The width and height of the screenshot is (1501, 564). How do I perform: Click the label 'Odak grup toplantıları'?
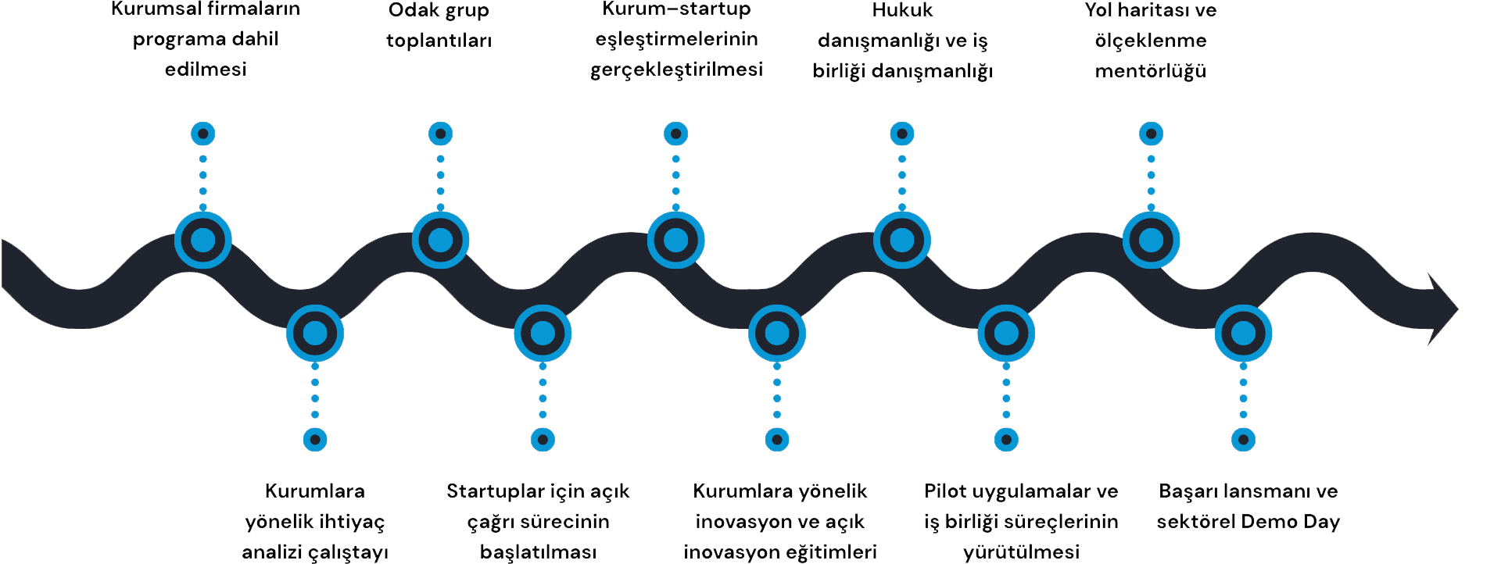[439, 25]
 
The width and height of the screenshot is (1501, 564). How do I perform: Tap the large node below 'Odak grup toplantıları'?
[440, 240]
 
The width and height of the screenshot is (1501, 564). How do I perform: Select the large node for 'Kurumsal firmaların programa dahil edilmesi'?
[203, 240]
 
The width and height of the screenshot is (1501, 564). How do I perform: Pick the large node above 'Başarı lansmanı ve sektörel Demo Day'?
[1243, 334]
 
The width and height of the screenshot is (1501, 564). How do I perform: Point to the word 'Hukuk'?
[902, 10]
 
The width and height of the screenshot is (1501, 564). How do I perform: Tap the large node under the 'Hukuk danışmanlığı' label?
[902, 240]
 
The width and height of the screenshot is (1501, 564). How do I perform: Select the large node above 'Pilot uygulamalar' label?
[1006, 334]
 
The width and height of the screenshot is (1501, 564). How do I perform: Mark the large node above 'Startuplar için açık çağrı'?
[543, 334]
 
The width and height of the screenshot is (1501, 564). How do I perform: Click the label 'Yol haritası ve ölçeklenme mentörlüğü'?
[1150, 40]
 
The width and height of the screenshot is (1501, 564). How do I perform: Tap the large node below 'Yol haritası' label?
[1151, 240]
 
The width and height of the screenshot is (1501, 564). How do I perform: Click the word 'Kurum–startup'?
[676, 9]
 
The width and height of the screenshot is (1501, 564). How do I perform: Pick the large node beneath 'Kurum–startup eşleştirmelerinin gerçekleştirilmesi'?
[675, 240]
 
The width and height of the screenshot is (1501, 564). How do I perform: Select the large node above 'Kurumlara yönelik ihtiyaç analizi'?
[315, 334]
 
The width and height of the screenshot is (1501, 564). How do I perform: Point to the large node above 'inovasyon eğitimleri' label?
[776, 334]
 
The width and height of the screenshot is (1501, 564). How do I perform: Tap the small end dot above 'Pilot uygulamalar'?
[1006, 440]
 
